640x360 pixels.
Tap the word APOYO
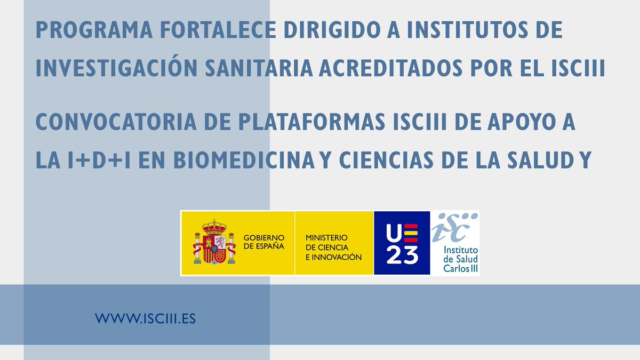[517, 122]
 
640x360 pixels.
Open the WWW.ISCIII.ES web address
[146, 319]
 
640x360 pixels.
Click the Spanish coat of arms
[214, 243]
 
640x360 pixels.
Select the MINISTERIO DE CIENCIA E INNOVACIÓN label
[333, 247]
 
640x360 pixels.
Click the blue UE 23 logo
[402, 243]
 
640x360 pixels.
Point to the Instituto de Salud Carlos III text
[461, 259]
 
